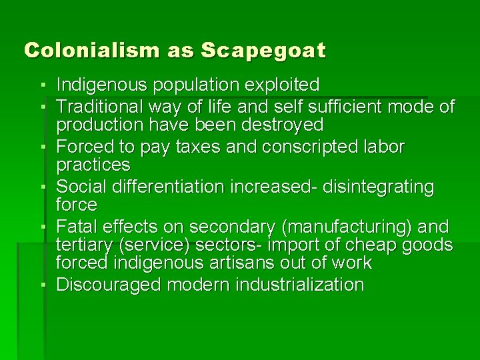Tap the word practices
click(x=93, y=164)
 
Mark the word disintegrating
click(x=379, y=187)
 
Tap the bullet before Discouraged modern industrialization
click(x=42, y=285)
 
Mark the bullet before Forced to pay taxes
click(x=42, y=147)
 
